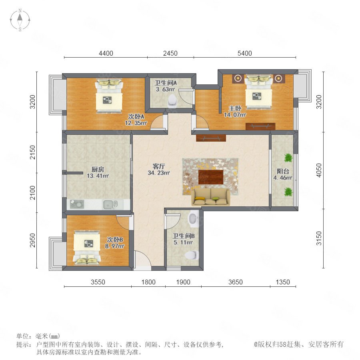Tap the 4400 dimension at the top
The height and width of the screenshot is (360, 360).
coord(106,53)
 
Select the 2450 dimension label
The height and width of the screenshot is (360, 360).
coord(170,53)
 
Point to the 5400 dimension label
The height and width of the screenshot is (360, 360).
coord(244,53)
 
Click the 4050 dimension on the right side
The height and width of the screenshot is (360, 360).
coord(319,170)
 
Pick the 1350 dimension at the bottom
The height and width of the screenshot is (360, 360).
coord(283,282)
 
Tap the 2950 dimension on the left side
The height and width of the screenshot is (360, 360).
coord(33,240)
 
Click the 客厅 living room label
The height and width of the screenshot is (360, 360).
coord(159,166)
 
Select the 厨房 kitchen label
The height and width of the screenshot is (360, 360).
coord(98,170)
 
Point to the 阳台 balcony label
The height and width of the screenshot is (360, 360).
coord(283,171)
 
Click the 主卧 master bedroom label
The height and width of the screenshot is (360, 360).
coord(235,108)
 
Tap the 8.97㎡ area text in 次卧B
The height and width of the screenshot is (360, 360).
coord(114,246)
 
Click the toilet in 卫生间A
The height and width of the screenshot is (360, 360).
coord(172,101)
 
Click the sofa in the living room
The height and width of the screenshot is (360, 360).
coord(210,197)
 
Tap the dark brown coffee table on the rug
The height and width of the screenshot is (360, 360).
coord(211,177)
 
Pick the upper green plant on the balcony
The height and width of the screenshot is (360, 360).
coord(288,158)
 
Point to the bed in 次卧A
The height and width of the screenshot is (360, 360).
coord(109,96)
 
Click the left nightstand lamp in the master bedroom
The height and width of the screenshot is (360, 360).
coord(238,78)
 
